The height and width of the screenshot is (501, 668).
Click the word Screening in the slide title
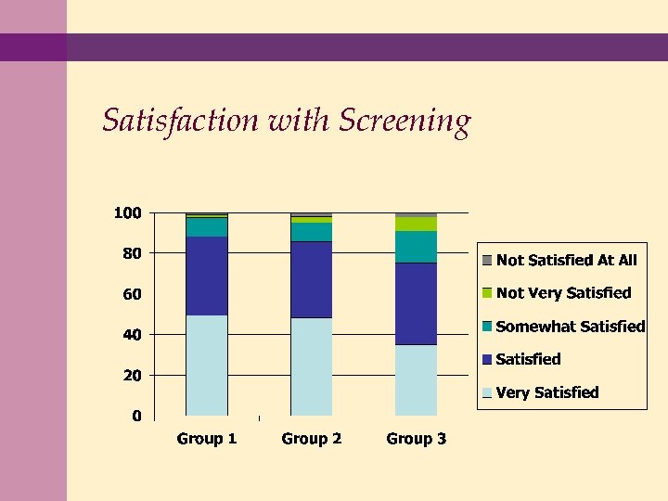(x=405, y=122)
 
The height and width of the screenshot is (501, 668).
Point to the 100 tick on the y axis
(x=127, y=213)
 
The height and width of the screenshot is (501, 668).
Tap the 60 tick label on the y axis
(x=131, y=294)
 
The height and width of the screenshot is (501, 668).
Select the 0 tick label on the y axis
(x=136, y=416)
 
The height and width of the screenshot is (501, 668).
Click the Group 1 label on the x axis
(x=207, y=439)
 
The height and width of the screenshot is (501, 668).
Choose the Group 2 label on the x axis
(x=311, y=439)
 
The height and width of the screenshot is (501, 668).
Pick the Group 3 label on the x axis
(x=416, y=439)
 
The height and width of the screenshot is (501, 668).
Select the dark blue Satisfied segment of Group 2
(x=311, y=279)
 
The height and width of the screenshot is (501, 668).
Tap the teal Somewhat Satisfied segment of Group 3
(x=416, y=247)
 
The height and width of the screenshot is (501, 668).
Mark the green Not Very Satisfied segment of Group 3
(x=416, y=224)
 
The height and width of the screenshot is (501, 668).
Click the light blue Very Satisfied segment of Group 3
(x=416, y=379)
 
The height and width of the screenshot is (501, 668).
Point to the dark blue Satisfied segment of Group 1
(x=207, y=276)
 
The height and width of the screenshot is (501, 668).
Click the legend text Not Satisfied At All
(x=567, y=260)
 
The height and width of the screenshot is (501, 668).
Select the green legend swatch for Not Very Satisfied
(x=487, y=293)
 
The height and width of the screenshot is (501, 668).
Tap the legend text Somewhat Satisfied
(x=571, y=327)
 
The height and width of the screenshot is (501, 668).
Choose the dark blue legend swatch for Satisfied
(x=487, y=359)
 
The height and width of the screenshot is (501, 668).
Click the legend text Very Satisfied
(x=547, y=392)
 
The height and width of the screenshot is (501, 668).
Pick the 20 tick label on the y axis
(x=131, y=376)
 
